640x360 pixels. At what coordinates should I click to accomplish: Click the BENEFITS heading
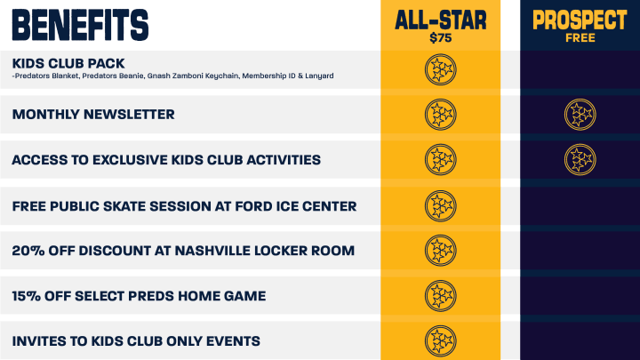pyautogui.click(x=80, y=25)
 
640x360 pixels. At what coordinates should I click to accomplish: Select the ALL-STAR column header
pyautogui.click(x=440, y=20)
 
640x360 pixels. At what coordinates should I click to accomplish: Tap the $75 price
pyautogui.click(x=440, y=38)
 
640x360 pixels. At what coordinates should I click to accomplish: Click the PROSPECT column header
pyautogui.click(x=580, y=20)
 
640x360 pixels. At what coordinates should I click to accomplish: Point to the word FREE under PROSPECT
pyautogui.click(x=580, y=38)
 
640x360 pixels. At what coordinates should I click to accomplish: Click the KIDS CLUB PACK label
pyautogui.click(x=68, y=63)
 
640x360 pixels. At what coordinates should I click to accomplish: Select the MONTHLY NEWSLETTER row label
pyautogui.click(x=93, y=115)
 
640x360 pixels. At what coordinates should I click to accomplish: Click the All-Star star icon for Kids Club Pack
pyautogui.click(x=440, y=70)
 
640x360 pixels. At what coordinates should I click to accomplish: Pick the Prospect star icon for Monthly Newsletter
pyautogui.click(x=580, y=115)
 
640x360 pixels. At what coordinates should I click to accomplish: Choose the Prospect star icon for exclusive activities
pyautogui.click(x=580, y=160)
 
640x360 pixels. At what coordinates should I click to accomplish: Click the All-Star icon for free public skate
pyautogui.click(x=440, y=206)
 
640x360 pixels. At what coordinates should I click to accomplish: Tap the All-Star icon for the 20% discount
pyautogui.click(x=440, y=251)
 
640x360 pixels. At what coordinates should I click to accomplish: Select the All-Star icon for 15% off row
pyautogui.click(x=440, y=296)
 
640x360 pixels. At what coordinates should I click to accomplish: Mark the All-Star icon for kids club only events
pyautogui.click(x=440, y=340)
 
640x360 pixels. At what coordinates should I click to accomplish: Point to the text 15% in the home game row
pyautogui.click(x=26, y=296)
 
